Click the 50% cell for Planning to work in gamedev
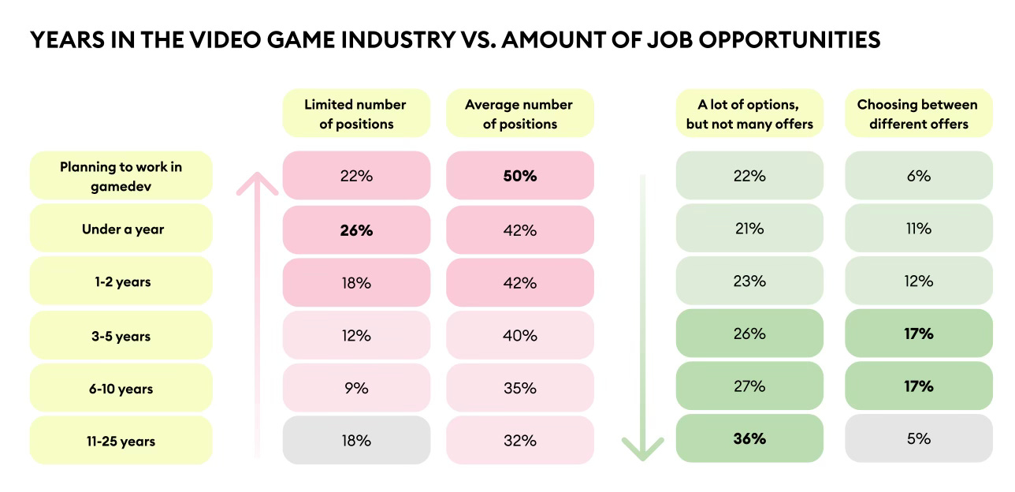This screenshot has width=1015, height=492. tap(519, 176)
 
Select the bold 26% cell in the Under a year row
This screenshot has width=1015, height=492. tap(356, 229)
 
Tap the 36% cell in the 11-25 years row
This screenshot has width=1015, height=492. tap(749, 438)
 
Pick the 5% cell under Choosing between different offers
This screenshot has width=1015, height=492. tap(918, 438)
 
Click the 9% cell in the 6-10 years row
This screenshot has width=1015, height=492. tap(356, 387)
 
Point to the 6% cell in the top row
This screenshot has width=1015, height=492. tap(918, 176)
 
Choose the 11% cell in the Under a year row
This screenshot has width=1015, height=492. tap(918, 229)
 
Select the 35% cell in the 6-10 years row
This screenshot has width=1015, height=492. tap(519, 387)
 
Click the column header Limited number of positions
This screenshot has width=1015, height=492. tap(356, 114)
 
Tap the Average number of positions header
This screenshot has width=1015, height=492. tap(519, 114)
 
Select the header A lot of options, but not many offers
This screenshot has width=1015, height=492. tap(749, 114)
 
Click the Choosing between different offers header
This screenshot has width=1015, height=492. tap(918, 114)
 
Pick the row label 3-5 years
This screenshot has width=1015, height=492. tap(121, 335)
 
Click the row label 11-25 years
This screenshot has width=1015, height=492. tap(121, 440)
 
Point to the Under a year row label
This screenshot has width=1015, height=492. tap(121, 229)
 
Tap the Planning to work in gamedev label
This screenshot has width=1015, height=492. tap(121, 175)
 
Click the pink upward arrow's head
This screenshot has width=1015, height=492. tap(257, 183)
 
